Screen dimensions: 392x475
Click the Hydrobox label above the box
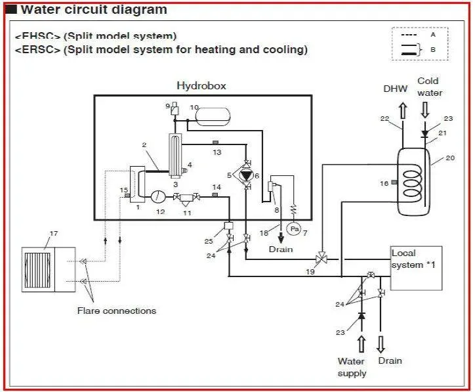(x=201, y=86)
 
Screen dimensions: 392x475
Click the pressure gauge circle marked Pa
(x=294, y=229)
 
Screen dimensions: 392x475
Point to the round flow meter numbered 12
(x=159, y=196)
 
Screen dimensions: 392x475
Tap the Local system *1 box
(x=417, y=268)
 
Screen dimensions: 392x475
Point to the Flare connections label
(x=117, y=311)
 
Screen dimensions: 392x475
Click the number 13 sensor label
(x=217, y=152)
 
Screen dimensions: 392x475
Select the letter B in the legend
(x=433, y=49)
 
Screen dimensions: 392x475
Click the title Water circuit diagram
(x=94, y=10)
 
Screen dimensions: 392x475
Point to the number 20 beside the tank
(x=449, y=158)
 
